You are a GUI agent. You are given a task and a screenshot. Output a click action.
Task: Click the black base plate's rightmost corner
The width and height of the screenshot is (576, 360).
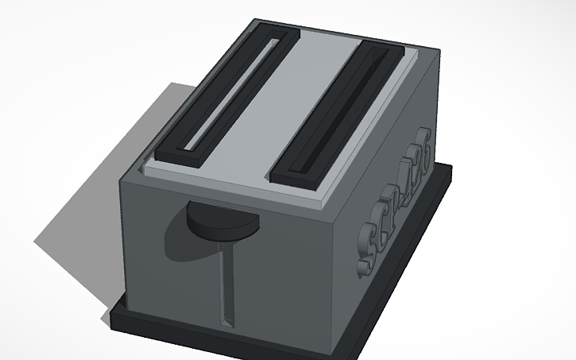click(451, 168)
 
